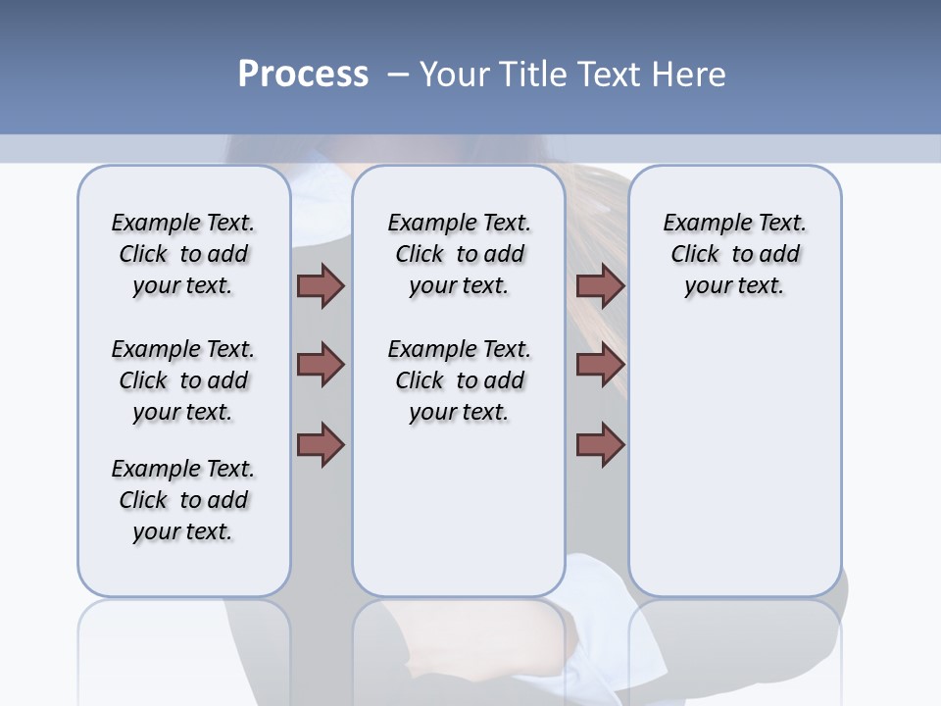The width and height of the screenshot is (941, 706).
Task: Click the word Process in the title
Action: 302,75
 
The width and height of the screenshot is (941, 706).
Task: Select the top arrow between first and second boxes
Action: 321,285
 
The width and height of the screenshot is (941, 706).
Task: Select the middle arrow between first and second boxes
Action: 321,365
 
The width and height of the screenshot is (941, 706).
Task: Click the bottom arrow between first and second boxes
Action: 321,445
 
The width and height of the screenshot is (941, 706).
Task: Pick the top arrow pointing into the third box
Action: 600,285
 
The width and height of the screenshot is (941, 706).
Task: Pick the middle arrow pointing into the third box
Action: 600,365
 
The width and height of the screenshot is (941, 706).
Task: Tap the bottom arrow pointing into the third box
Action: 600,445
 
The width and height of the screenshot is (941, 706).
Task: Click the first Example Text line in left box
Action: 183,223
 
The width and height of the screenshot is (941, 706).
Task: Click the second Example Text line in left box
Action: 183,349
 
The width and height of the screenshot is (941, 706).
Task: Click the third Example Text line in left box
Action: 183,469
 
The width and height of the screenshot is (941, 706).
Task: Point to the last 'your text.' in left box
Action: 183,531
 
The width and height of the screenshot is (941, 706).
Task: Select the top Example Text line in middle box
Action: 459,223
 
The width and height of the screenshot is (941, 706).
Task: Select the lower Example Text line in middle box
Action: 459,349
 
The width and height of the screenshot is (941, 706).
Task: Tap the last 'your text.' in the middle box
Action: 459,412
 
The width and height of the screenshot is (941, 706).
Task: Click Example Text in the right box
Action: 734,223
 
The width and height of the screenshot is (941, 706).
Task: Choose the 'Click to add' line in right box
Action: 735,255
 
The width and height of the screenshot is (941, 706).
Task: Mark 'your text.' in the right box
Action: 734,285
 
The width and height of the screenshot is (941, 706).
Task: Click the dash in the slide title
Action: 398,75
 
